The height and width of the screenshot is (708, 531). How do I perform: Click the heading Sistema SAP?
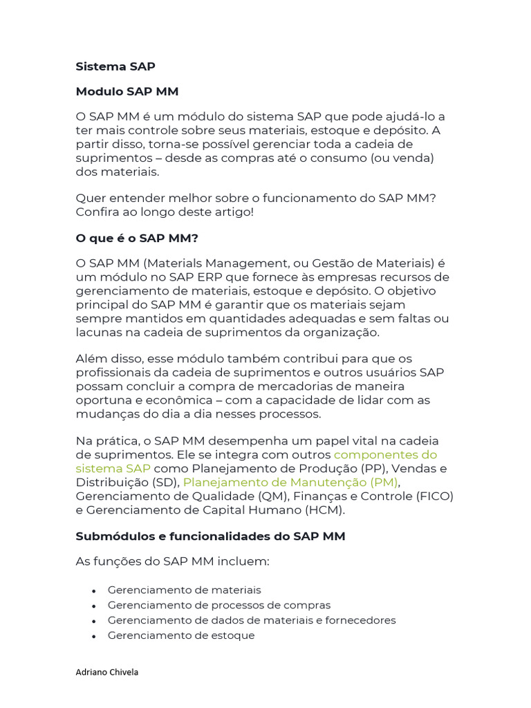click(x=115, y=66)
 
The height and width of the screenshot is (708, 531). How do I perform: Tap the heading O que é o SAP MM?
click(x=136, y=238)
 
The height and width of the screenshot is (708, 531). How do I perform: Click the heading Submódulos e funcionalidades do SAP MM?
click(x=210, y=536)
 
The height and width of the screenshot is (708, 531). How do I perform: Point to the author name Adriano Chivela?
click(x=106, y=672)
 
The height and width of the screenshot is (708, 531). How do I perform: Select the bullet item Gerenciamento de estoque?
click(x=181, y=635)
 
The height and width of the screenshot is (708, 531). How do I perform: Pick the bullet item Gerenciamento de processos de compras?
click(x=219, y=605)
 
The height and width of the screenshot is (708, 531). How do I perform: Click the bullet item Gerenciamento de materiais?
click(x=185, y=590)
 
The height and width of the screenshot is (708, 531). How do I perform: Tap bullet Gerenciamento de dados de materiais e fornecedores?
click(x=252, y=620)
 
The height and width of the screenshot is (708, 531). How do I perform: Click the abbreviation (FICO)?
click(x=435, y=496)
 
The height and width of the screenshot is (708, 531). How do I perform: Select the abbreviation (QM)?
click(x=274, y=496)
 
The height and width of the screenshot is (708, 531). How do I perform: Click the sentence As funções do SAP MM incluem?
click(x=172, y=561)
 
